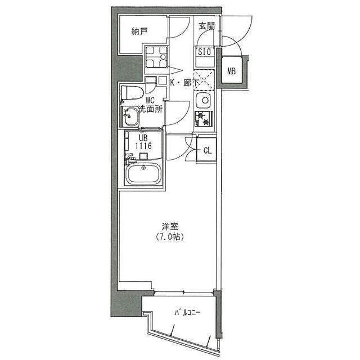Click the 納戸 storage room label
click(x=139, y=31)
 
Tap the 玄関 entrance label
click(x=206, y=26)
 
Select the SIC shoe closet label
click(x=204, y=52)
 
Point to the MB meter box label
click(x=231, y=71)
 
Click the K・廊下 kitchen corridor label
click(x=184, y=83)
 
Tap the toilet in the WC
click(x=132, y=93)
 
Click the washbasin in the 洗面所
click(x=131, y=116)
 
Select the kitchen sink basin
click(x=203, y=100)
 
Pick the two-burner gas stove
click(x=204, y=119)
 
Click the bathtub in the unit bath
click(x=143, y=174)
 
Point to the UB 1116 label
click(x=143, y=142)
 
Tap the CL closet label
click(x=208, y=151)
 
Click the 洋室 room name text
click(x=170, y=227)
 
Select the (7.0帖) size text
click(x=170, y=236)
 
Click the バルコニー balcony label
click(x=187, y=313)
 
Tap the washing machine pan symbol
click(x=156, y=57)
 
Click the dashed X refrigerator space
click(x=204, y=79)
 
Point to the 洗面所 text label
click(x=151, y=109)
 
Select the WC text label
click(x=150, y=100)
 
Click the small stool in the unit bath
click(x=143, y=156)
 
